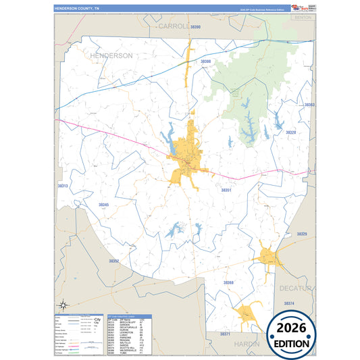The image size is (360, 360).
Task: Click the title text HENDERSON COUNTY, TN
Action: [76, 8]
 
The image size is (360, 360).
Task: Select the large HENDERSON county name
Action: [111, 56]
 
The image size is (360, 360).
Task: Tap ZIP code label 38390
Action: [196, 26]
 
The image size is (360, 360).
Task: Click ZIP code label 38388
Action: [206, 61]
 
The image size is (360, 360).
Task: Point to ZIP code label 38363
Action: [309, 105]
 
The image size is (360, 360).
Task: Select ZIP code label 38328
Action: [290, 132]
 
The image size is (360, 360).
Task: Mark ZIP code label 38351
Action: [226, 190]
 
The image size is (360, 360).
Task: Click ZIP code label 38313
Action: [63, 185]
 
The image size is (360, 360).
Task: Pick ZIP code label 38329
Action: [301, 234]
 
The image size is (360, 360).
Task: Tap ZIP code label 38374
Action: [289, 303]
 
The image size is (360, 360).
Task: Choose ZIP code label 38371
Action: [226, 334]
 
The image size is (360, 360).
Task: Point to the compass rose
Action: [63, 305]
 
